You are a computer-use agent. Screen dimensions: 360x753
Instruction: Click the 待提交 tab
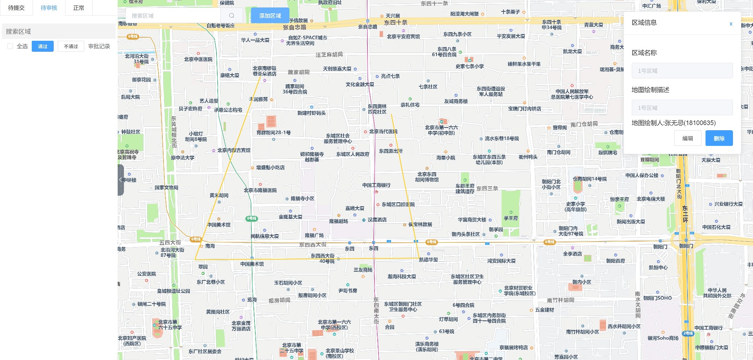(16, 8)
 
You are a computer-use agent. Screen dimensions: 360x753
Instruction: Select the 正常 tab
(78, 8)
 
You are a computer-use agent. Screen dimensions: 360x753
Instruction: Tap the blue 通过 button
(43, 46)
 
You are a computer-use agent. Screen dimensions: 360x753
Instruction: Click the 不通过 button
(71, 46)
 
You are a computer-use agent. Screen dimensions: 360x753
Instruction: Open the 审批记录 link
(99, 46)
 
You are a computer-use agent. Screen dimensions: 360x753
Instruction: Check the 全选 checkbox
(10, 46)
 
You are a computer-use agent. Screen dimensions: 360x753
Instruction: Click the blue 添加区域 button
(270, 16)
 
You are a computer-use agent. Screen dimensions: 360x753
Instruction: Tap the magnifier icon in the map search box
(232, 16)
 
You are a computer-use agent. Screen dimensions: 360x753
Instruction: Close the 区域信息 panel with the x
(731, 24)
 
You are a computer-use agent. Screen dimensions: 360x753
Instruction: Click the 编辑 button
(688, 138)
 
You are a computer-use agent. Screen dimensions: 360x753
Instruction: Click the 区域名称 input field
(682, 71)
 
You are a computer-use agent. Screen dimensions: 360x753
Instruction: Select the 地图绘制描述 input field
(682, 107)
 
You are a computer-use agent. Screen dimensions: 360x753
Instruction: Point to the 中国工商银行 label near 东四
(376, 185)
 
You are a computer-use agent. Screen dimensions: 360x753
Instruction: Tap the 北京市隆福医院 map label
(260, 190)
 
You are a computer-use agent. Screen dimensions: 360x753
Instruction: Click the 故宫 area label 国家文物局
(166, 188)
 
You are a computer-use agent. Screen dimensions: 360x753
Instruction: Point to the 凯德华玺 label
(428, 260)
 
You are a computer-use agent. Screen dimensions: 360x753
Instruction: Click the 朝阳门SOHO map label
(657, 298)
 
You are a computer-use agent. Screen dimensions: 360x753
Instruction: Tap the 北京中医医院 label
(198, 60)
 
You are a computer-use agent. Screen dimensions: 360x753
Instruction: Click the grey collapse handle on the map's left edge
(121, 180)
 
